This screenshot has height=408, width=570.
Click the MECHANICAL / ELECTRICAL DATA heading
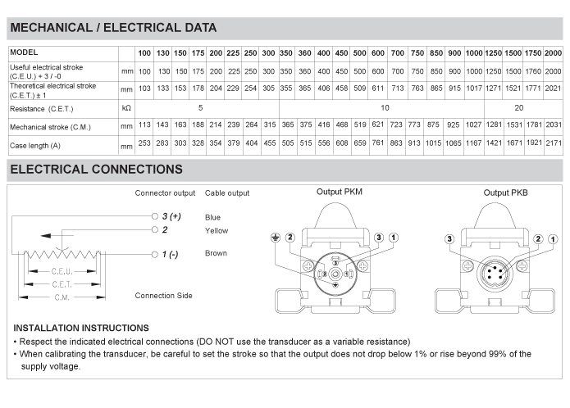pyautogui.click(x=112, y=28)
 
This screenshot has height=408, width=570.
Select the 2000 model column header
pyautogui.click(x=552, y=53)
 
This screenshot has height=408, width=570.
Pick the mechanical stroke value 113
pyautogui.click(x=144, y=126)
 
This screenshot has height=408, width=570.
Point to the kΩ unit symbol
pyautogui.click(x=126, y=107)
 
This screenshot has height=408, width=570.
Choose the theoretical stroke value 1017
pyautogui.click(x=473, y=88)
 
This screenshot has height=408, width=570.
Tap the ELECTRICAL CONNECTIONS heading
pyautogui.click(x=95, y=170)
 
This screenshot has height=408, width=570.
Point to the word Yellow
pyautogui.click(x=217, y=231)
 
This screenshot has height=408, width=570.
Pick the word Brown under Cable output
pyautogui.click(x=216, y=253)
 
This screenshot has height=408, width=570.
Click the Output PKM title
pyautogui.click(x=340, y=193)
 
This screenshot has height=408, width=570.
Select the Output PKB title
pyautogui.click(x=507, y=193)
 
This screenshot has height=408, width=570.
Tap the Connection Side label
pyautogui.click(x=163, y=295)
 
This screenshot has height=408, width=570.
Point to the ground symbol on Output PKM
pyautogui.click(x=276, y=237)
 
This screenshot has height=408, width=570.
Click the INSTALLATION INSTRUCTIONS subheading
pyautogui.click(x=81, y=328)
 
